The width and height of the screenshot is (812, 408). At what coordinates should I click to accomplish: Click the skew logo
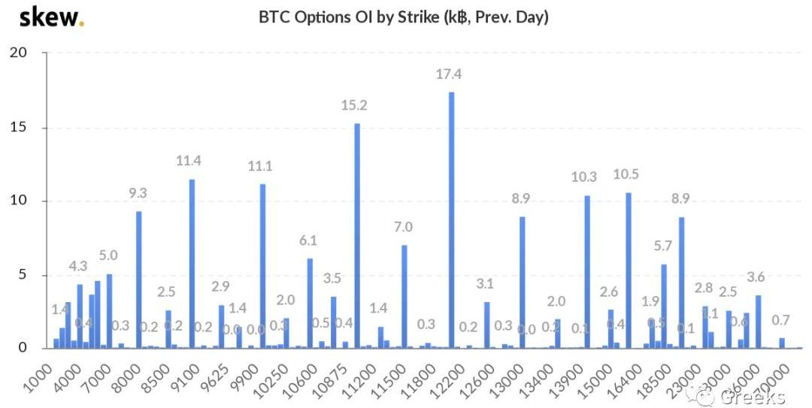51,17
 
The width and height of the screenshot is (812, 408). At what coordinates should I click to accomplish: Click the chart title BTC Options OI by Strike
404,17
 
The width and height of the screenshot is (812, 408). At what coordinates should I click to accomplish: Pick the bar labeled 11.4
192,264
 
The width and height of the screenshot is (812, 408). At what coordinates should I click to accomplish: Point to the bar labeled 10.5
628,270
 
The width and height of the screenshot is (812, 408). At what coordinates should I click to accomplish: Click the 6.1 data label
308,241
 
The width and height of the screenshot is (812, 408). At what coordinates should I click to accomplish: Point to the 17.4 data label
449,74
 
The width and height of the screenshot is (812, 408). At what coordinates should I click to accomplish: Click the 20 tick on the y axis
18,53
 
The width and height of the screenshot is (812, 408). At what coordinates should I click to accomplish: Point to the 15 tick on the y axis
18,127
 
